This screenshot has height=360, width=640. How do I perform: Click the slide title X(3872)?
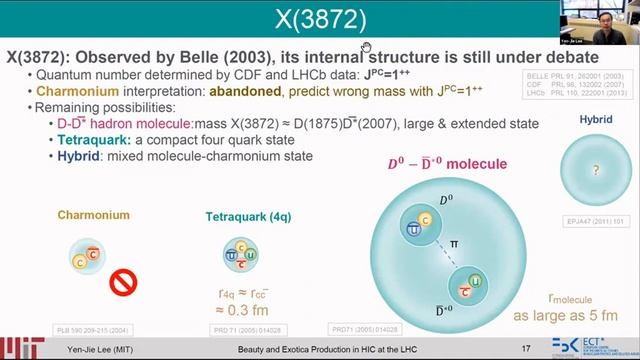320,19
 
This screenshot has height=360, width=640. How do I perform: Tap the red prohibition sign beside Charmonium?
121,283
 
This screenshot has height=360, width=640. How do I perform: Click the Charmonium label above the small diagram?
93,214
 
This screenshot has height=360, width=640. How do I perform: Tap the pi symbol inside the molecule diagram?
455,243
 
